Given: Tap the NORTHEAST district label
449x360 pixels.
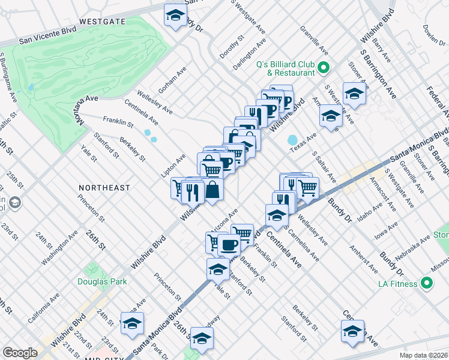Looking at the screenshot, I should (x=104, y=188).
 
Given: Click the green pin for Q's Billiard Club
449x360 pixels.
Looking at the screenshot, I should (x=323, y=67).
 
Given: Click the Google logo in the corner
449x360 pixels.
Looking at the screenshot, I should (x=20, y=353).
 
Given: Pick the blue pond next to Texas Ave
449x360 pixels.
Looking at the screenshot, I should (x=292, y=140).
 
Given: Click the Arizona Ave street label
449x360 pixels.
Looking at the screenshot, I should (x=225, y=220).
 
